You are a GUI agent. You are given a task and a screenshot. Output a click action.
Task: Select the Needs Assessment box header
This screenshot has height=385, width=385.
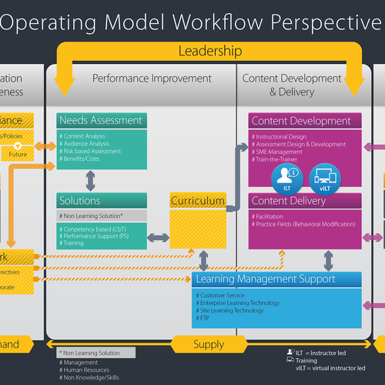(101, 120)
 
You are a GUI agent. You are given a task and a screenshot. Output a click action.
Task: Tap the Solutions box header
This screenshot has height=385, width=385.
(81, 201)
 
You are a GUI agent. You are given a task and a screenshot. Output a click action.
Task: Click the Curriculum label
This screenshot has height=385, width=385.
(198, 201)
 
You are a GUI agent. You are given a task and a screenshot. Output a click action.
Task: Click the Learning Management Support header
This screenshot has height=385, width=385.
(266, 279)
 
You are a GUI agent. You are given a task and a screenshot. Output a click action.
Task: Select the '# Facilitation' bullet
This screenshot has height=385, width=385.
(274, 216)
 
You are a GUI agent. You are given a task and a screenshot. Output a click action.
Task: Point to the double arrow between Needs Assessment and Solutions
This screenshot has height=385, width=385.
(91, 179)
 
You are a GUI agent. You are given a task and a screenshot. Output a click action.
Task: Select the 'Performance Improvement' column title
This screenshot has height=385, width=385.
(141, 79)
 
